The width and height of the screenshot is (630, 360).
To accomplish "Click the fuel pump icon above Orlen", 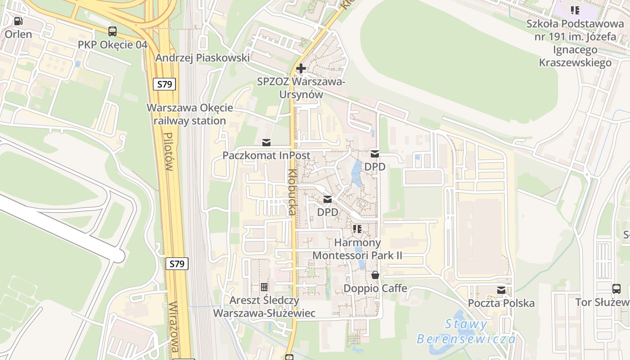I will pyautogui.click(x=18, y=21).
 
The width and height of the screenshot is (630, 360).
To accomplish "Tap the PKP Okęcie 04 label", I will pyautogui.click(x=112, y=45).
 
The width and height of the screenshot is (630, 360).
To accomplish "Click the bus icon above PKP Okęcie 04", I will pyautogui.click(x=112, y=31).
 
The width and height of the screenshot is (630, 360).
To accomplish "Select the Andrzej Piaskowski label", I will pyautogui.click(x=202, y=58).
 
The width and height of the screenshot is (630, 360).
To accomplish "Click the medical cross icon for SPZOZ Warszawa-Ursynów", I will pyautogui.click(x=301, y=69).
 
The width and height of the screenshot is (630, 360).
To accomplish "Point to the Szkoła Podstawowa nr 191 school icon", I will pyautogui.click(x=575, y=10).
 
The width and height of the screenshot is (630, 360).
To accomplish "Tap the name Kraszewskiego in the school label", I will pyautogui.click(x=575, y=62).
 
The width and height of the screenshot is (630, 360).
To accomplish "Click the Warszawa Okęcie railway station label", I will pyautogui.click(x=190, y=114).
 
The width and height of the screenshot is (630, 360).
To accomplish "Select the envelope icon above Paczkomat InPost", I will pyautogui.click(x=266, y=143).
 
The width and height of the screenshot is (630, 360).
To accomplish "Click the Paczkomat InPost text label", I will pyautogui.click(x=266, y=155).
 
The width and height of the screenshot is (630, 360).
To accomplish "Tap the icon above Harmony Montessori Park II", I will pyautogui.click(x=357, y=229).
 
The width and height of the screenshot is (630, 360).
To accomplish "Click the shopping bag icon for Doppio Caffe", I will pyautogui.click(x=375, y=275).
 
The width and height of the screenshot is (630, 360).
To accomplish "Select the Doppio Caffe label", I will pyautogui.click(x=375, y=288).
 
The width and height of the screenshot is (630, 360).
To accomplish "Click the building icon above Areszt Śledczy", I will pyautogui.click(x=264, y=287).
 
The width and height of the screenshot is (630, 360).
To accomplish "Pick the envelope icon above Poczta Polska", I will pyautogui.click(x=501, y=290).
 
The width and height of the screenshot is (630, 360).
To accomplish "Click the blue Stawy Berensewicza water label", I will pyautogui.click(x=466, y=331).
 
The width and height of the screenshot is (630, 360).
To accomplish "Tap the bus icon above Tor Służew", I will pyautogui.click(x=616, y=289).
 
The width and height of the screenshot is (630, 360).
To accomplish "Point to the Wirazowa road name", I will pyautogui.click(x=175, y=327).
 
